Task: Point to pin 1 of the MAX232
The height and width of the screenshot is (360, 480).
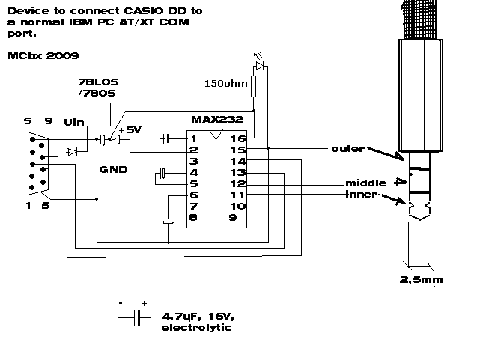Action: (192, 138)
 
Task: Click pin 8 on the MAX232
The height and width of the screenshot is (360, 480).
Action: (192, 218)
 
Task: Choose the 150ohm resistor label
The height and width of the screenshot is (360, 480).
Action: (225, 83)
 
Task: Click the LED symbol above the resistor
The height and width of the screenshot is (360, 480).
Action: (260, 66)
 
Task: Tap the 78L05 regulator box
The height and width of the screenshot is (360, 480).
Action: (97, 115)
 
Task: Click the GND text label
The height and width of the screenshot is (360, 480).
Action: (113, 170)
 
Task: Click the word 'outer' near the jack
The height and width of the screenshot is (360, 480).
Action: (347, 149)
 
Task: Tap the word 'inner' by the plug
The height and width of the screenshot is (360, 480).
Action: (359, 195)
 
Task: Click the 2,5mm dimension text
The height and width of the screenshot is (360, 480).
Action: (424, 279)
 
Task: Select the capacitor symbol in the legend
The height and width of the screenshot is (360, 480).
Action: (137, 317)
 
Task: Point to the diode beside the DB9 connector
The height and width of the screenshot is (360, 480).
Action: (71, 152)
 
